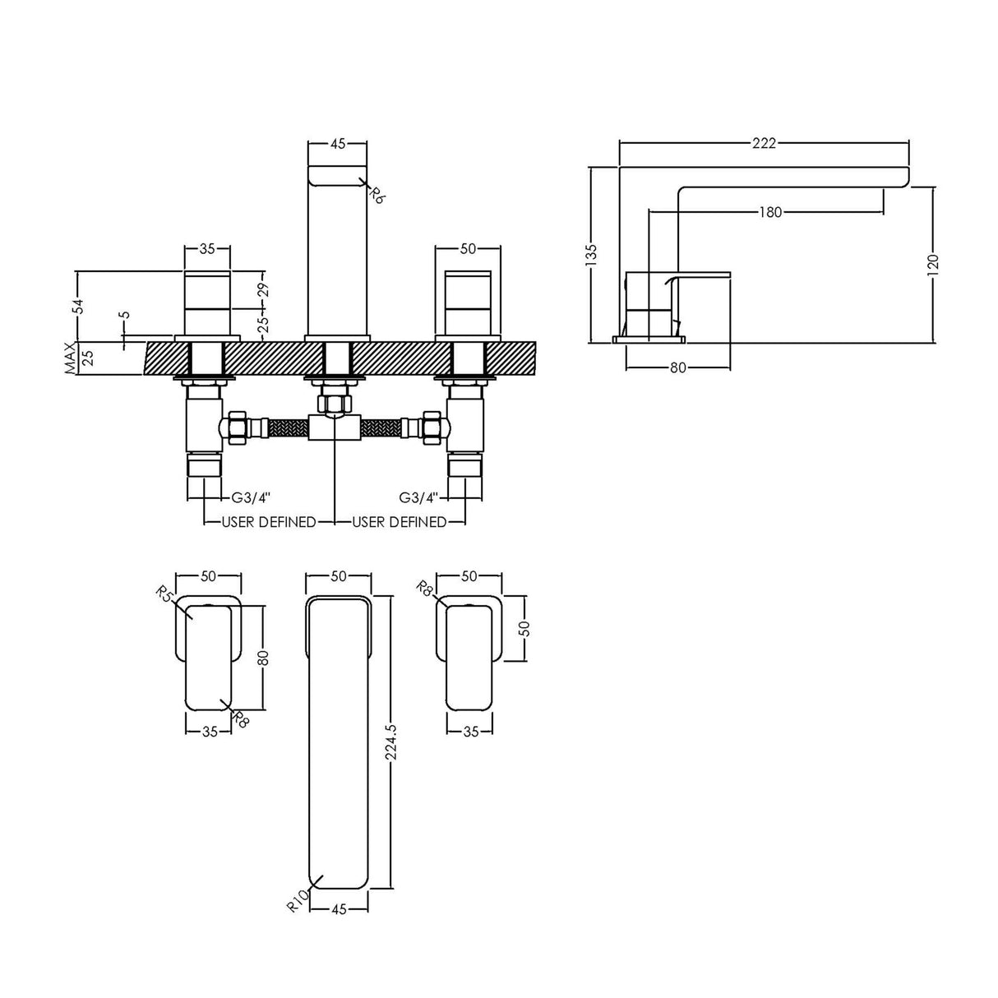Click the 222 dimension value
click(x=764, y=143)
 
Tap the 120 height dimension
click(x=932, y=266)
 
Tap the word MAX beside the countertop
click(x=72, y=359)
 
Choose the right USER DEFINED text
click(x=400, y=522)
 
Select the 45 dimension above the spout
click(x=337, y=143)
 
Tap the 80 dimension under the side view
click(x=677, y=367)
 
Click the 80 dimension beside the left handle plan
click(x=264, y=658)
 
